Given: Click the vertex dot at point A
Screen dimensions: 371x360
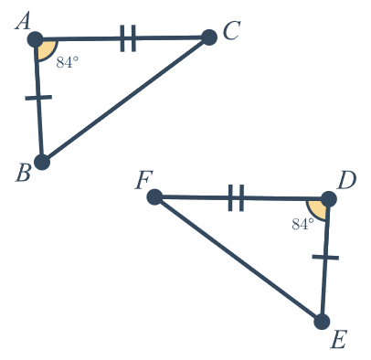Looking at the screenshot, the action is [36, 39].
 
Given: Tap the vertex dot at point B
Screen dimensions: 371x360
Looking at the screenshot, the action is [42, 162].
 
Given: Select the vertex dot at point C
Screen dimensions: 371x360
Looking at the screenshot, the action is [209, 37].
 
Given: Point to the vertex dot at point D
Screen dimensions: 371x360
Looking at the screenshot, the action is [328, 199].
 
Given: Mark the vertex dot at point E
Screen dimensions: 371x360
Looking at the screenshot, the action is [322, 322].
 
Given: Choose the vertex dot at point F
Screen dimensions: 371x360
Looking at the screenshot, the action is [154, 197].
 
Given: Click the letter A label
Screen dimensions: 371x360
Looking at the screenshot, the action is [23, 22].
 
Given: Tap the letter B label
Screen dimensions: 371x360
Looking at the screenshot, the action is [24, 174].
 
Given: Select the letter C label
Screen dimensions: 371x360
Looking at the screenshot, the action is [232, 30].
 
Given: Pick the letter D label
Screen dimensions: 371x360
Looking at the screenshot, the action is [346, 181].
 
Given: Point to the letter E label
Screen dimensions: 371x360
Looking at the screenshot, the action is [339, 341].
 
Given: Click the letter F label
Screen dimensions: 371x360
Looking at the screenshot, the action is [143, 181].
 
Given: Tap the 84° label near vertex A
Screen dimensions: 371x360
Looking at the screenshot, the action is [68, 62].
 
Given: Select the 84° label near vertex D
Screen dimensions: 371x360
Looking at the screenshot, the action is [302, 225].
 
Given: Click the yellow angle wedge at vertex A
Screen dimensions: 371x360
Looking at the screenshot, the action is [45, 48].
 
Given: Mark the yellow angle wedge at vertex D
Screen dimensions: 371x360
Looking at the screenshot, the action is [319, 209].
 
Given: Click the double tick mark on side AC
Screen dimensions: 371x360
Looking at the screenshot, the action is [128, 38].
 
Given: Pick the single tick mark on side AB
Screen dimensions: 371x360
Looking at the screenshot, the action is [38, 98].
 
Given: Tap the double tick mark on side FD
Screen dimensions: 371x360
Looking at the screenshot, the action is [236, 197].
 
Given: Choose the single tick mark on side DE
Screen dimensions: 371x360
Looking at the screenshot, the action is [325, 258].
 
